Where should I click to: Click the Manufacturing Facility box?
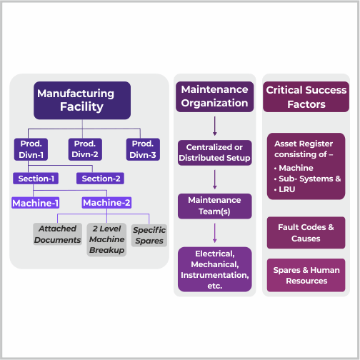click(x=82, y=100)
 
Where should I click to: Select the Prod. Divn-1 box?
click(x=29, y=148)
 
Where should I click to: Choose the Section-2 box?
click(x=102, y=178)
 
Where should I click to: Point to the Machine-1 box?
click(x=35, y=203)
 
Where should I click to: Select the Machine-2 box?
click(x=106, y=203)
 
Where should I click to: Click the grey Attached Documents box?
click(x=57, y=234)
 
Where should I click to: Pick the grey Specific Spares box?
click(x=149, y=235)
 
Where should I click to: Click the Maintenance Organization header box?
click(x=214, y=96)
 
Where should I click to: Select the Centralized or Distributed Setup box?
click(x=214, y=152)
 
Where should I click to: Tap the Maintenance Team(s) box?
click(x=214, y=206)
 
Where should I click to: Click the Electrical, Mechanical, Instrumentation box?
click(x=214, y=269)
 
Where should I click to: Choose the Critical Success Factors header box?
click(x=306, y=97)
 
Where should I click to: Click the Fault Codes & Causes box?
click(x=306, y=232)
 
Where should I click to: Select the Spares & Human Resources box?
click(x=306, y=276)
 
